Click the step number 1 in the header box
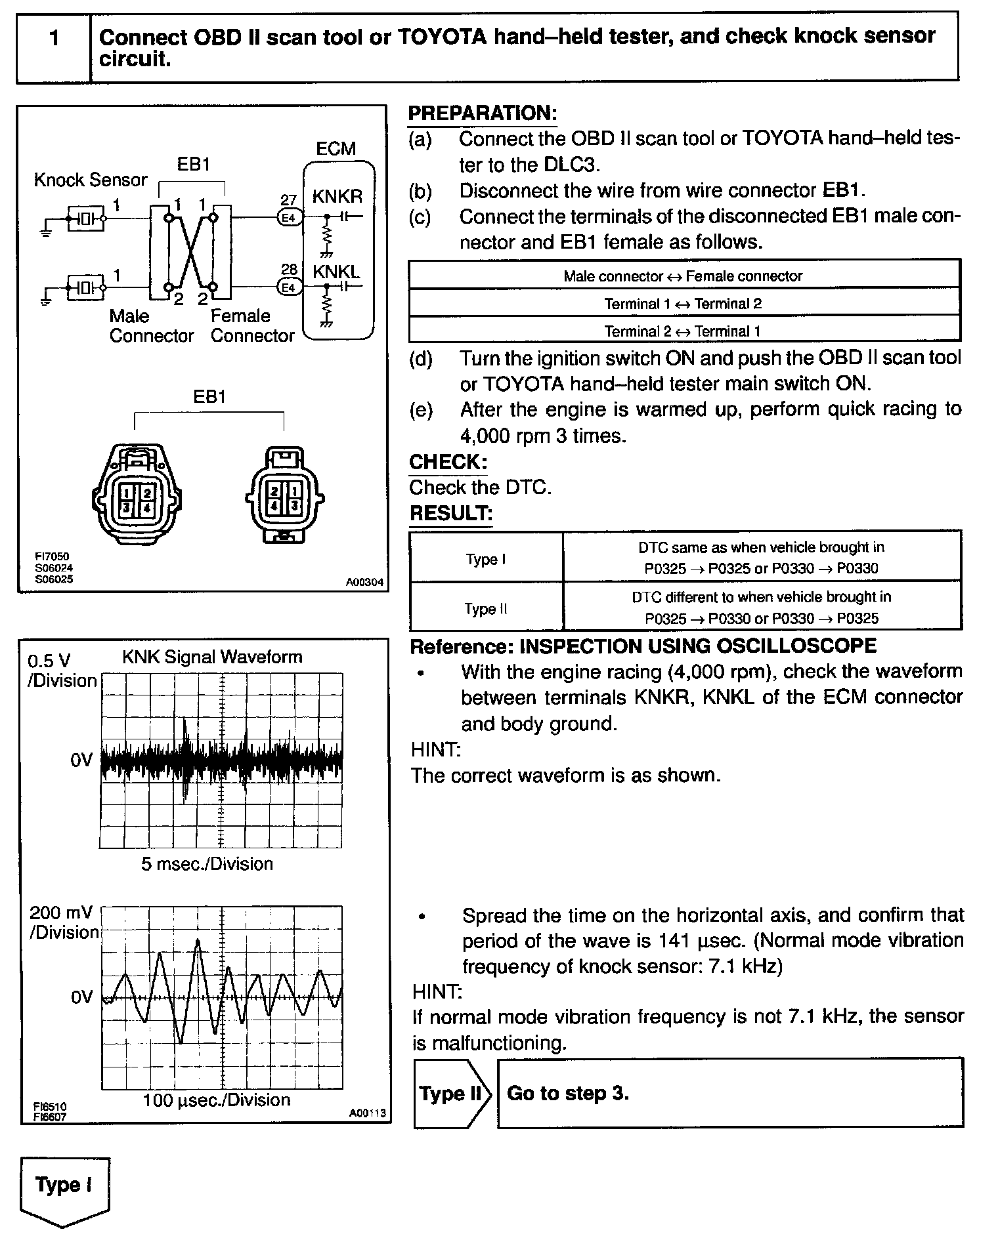pos(54,38)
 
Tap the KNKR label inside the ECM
pos(337,196)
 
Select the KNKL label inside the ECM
pos(337,272)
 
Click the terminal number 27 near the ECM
pos(288,200)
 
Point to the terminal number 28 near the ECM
pos(288,270)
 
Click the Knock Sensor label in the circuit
pos(91,180)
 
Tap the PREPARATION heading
pos(482,113)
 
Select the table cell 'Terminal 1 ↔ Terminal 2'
pos(683,304)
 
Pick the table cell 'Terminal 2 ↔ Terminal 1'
pos(683,331)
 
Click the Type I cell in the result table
pos(486,559)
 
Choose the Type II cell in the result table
pos(486,609)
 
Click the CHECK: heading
pos(448,462)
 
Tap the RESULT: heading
pos(450,513)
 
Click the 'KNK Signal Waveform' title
pos(212,657)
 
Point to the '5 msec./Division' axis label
pos(207,864)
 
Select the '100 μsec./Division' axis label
pos(216,1100)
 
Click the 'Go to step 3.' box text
pos(568,1093)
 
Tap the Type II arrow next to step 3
pos(450,1094)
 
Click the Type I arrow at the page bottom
pos(64,1185)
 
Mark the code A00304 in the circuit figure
pos(364,582)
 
